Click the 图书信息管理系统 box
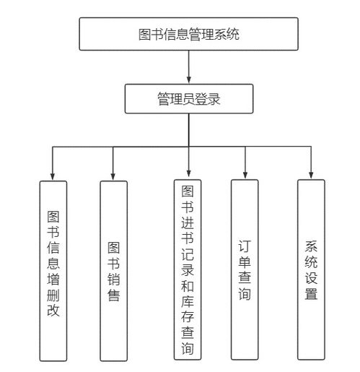point(188,34)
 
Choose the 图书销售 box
point(113,270)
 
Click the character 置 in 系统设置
point(310,294)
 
